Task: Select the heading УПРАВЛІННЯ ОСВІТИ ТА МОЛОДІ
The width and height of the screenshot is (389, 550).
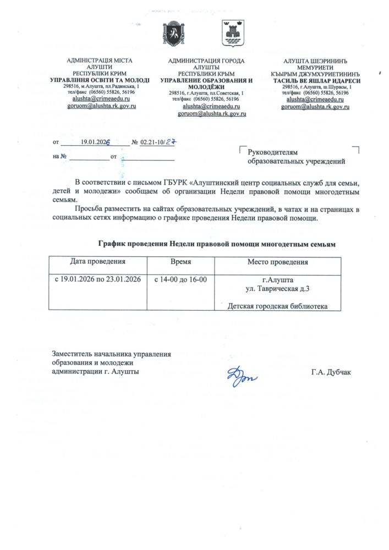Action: tap(100, 80)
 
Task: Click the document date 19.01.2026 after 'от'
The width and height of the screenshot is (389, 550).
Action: tap(96, 142)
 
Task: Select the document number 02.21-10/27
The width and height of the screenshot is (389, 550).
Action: tap(157, 142)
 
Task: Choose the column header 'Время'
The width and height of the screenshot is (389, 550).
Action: tap(180, 262)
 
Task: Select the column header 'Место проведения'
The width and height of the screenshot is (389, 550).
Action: tap(277, 262)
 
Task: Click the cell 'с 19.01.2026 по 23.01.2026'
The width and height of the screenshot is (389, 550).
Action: tap(98, 279)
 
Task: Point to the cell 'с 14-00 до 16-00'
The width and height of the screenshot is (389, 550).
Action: tap(180, 279)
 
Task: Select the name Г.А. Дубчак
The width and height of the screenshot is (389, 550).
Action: tap(330, 372)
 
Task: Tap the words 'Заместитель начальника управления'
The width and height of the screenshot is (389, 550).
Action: tap(111, 354)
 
